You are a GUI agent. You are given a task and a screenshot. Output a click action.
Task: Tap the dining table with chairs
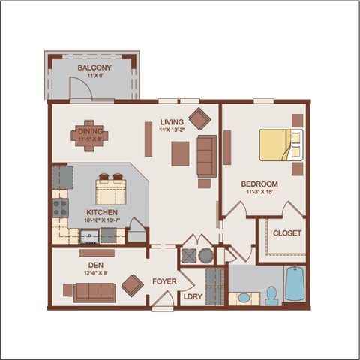tap(91, 136)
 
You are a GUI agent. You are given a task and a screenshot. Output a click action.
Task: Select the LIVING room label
tap(172, 122)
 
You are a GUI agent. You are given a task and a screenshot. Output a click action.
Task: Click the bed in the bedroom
tap(281, 145)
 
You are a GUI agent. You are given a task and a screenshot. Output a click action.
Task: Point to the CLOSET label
tap(286, 233)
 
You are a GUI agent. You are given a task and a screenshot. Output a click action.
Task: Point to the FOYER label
tap(164, 282)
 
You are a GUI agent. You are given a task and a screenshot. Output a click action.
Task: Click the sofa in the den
tap(94, 291)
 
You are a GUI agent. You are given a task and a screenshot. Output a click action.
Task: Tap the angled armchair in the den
tap(133, 284)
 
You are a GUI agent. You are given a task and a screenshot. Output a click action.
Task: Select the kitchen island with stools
tap(111, 190)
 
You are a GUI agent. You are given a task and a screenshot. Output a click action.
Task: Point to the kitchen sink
tap(89, 237)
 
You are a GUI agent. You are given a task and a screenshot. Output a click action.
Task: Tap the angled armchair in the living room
tap(199, 118)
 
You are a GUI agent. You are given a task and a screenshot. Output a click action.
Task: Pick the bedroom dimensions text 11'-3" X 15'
tap(259, 192)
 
